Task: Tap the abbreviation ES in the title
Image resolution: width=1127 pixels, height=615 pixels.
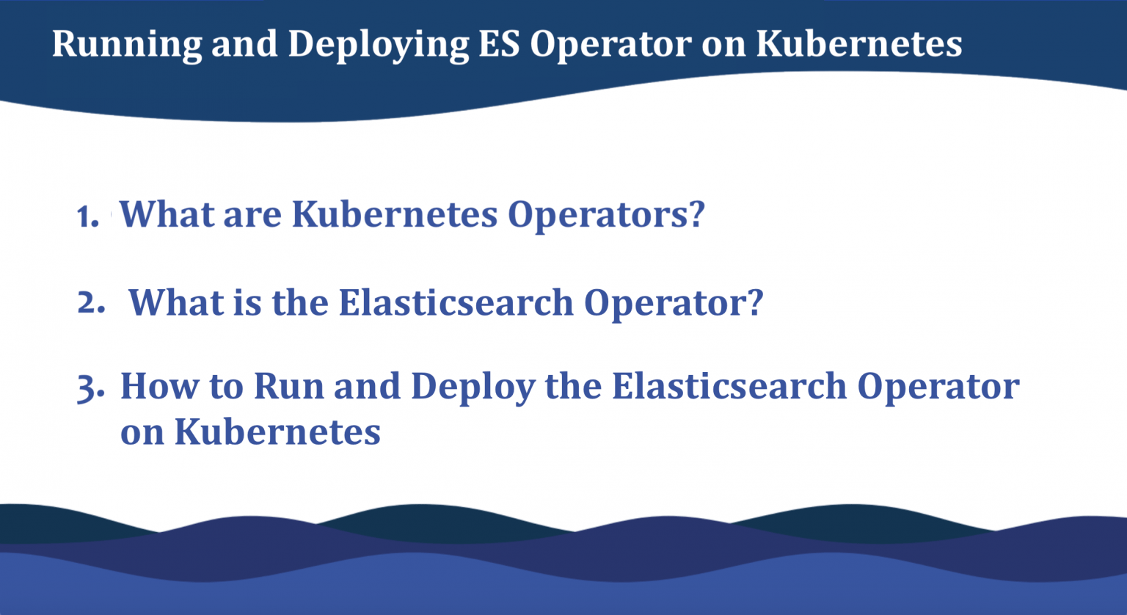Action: pyautogui.click(x=499, y=43)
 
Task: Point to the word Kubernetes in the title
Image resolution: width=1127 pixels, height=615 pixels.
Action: pyautogui.click(x=859, y=43)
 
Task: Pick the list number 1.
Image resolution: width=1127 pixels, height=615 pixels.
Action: pyautogui.click(x=87, y=217)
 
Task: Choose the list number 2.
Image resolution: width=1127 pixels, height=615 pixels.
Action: pyautogui.click(x=91, y=302)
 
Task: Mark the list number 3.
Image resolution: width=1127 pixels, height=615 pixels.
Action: pyautogui.click(x=90, y=388)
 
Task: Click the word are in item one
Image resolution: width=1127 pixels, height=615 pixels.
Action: pyautogui.click(x=252, y=216)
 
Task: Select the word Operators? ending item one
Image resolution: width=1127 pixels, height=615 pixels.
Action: pyautogui.click(x=606, y=216)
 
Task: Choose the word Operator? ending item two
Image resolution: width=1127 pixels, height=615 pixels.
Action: pyautogui.click(x=674, y=304)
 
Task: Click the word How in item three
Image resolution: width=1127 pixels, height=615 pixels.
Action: pyautogui.click(x=160, y=387)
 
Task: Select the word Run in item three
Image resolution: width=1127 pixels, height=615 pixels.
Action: pyautogui.click(x=289, y=387)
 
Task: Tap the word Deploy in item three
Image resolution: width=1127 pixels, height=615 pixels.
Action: pyautogui.click(x=473, y=387)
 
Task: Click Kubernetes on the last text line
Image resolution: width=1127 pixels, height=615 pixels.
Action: pyautogui.click(x=277, y=432)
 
